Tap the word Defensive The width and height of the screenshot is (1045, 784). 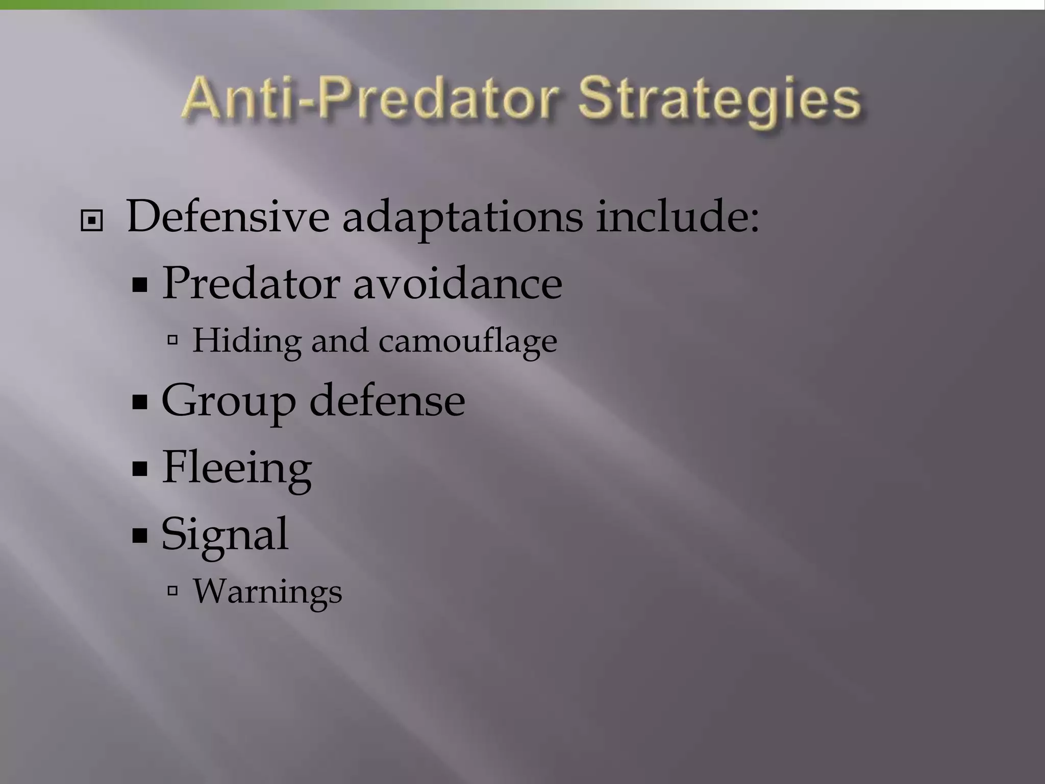coord(228,217)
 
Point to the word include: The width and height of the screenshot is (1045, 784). coord(678,217)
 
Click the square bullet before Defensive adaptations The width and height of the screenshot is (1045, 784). coord(92,221)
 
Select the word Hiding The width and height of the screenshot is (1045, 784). coord(247,341)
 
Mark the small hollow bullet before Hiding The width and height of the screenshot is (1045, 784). coord(172,339)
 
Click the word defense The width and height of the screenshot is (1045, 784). coord(387,401)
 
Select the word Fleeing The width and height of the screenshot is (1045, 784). coord(237,468)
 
